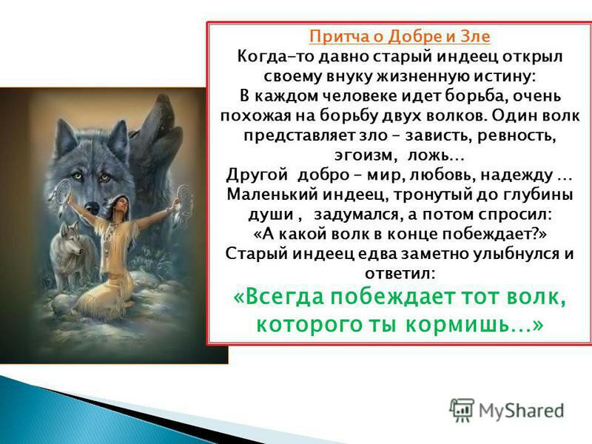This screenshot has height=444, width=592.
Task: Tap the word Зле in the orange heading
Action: [x=476, y=36]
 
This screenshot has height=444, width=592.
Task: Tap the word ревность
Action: [x=517, y=135]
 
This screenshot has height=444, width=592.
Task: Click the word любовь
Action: [x=442, y=175]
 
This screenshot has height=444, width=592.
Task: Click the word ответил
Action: [x=400, y=273]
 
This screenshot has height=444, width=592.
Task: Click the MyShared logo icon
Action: [x=461, y=410]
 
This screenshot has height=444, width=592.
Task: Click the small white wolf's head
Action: [x=70, y=241]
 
